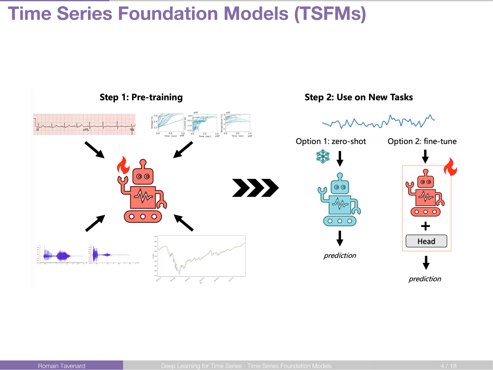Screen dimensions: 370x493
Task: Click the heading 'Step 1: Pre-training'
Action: point(141,97)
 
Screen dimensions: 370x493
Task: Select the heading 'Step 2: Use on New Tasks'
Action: point(359,97)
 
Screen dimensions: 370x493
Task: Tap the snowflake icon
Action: point(323,157)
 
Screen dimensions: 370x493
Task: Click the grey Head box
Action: point(426,241)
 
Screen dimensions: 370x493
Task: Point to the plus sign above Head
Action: point(426,226)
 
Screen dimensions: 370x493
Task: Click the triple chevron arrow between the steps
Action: point(255,188)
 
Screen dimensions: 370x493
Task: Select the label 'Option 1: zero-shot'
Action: point(331,141)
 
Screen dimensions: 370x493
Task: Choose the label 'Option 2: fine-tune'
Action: point(422,141)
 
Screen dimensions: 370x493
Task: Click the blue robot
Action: point(340,200)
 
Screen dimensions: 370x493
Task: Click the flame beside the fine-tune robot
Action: point(450,167)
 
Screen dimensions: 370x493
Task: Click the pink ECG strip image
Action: point(84,124)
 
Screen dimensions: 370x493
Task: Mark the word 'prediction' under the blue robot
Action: point(340,256)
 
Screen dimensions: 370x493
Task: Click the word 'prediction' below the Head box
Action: point(425,279)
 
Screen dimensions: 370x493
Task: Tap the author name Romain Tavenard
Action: point(61,366)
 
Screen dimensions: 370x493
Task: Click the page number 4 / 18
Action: point(448,366)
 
